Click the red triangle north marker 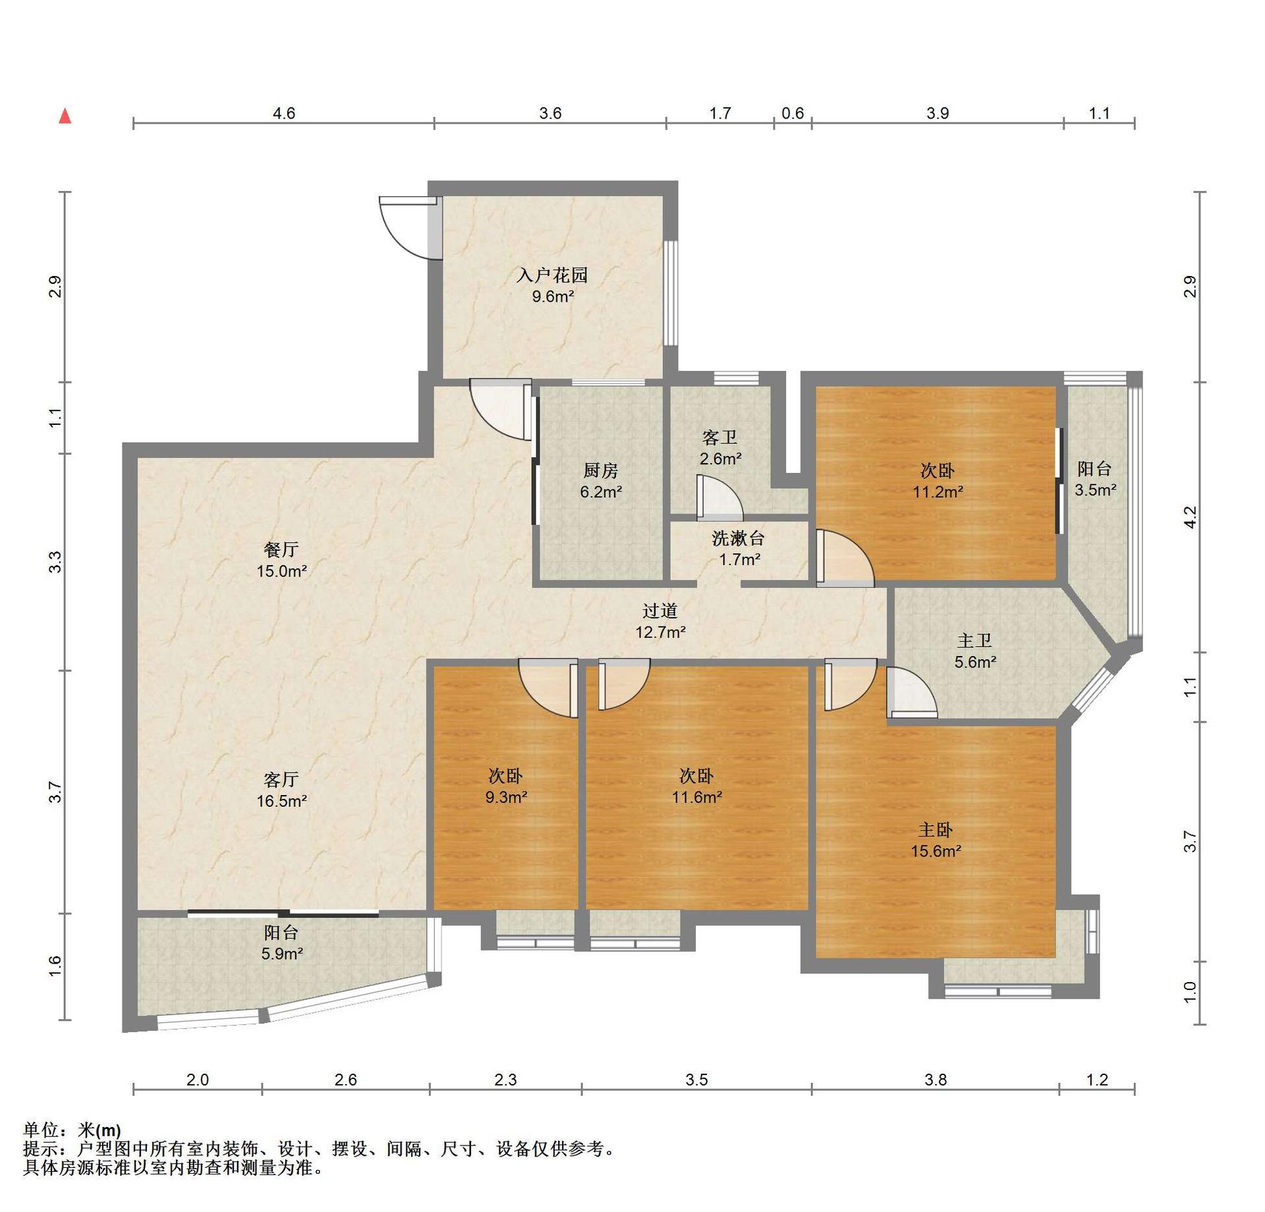[x=65, y=117]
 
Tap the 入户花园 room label [x=552, y=285]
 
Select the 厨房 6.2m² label [x=601, y=481]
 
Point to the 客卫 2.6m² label [x=720, y=448]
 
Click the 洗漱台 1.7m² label [x=739, y=549]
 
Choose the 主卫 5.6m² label [x=975, y=651]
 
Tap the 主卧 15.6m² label [x=936, y=840]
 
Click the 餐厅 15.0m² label [x=281, y=560]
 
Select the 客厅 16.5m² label [x=281, y=790]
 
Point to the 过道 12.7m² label [x=660, y=621]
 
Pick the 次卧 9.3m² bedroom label [x=506, y=786]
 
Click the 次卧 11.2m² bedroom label [x=938, y=481]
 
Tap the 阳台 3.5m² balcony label [x=1095, y=479]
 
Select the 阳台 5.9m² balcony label [x=281, y=943]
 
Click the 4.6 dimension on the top [x=284, y=113]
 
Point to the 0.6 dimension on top [x=793, y=113]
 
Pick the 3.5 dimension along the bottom [x=696, y=1080]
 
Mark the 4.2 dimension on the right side [x=1190, y=517]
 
